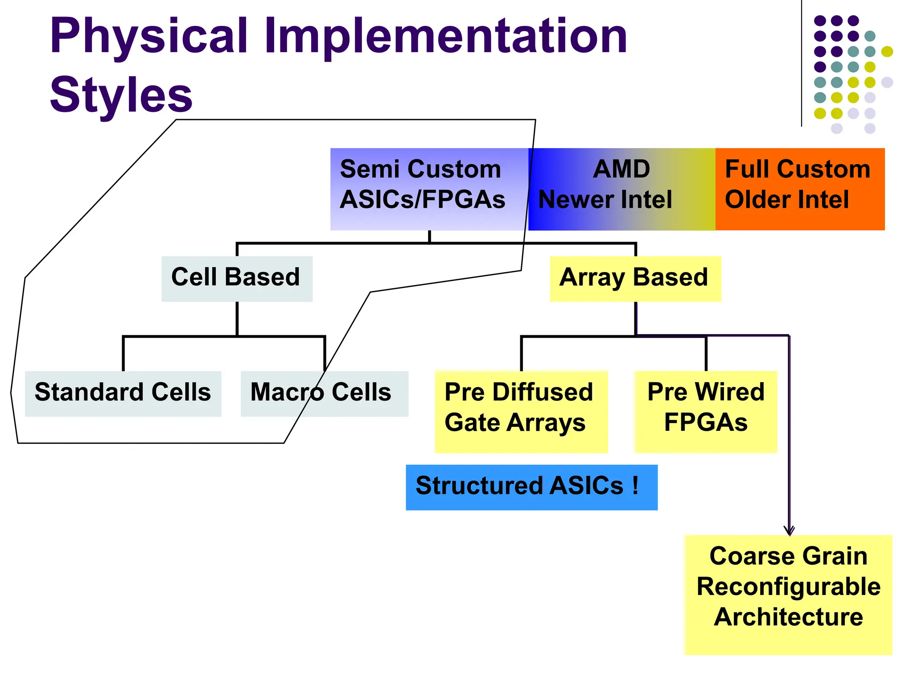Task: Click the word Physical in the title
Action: tap(149, 37)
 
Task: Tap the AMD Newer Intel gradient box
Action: tap(621, 189)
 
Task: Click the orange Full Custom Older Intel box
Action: tap(800, 189)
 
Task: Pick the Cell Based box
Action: tap(236, 278)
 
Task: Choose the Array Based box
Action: tap(635, 278)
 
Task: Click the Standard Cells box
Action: tap(123, 393)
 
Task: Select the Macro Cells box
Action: tap(324, 393)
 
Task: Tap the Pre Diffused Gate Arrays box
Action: tap(521, 411)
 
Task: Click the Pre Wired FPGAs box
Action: tap(705, 411)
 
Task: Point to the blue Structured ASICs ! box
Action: tap(531, 487)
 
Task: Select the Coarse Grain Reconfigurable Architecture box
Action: tap(788, 594)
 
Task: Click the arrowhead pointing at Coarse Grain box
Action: tap(789, 531)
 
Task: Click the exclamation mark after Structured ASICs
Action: tap(635, 485)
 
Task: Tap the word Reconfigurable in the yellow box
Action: tap(788, 586)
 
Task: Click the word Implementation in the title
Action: tap(446, 37)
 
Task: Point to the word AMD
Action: tap(621, 169)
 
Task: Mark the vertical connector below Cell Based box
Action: tap(237, 318)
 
